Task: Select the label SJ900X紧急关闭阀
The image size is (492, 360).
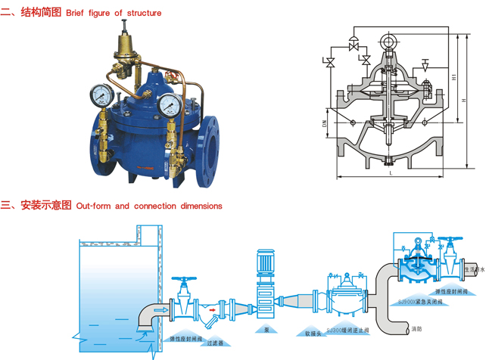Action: pos(420,301)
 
